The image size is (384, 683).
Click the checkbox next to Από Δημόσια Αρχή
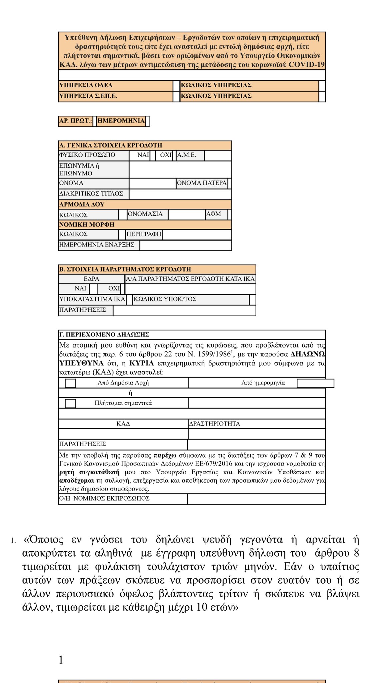[x=70, y=383]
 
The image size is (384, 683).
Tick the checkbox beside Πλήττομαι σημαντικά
[x=70, y=403]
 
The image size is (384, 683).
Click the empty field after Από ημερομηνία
[x=315, y=383]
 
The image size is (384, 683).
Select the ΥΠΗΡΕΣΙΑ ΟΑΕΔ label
[x=86, y=85]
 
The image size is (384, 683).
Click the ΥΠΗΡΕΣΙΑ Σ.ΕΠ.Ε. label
[x=88, y=96]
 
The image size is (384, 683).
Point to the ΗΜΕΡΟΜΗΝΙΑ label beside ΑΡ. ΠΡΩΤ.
[x=121, y=121]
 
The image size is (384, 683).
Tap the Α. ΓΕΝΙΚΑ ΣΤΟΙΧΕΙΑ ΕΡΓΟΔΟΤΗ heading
[x=111, y=145]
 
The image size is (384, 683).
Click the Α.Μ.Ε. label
[x=187, y=155]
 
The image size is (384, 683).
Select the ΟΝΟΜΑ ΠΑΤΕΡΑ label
[x=202, y=183]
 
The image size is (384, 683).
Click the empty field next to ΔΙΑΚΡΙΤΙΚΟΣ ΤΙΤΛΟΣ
[x=180, y=194]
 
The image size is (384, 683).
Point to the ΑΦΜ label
[x=214, y=214]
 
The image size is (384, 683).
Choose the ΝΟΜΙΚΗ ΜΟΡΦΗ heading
[x=87, y=225]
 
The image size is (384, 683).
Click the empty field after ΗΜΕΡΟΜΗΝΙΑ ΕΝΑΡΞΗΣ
[x=185, y=245]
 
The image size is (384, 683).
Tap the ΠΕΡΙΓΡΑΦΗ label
[x=144, y=234]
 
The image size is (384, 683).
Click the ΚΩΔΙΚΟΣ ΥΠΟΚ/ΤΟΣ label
[x=165, y=299]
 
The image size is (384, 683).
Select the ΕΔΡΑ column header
[x=91, y=279]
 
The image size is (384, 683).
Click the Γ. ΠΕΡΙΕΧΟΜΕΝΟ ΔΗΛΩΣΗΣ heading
[x=104, y=334]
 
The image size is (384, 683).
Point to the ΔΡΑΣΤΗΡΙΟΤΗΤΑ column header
[x=215, y=424]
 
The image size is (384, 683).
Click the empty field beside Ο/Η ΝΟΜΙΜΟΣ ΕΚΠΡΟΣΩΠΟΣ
[x=256, y=499]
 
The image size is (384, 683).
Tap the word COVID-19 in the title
[x=306, y=64]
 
